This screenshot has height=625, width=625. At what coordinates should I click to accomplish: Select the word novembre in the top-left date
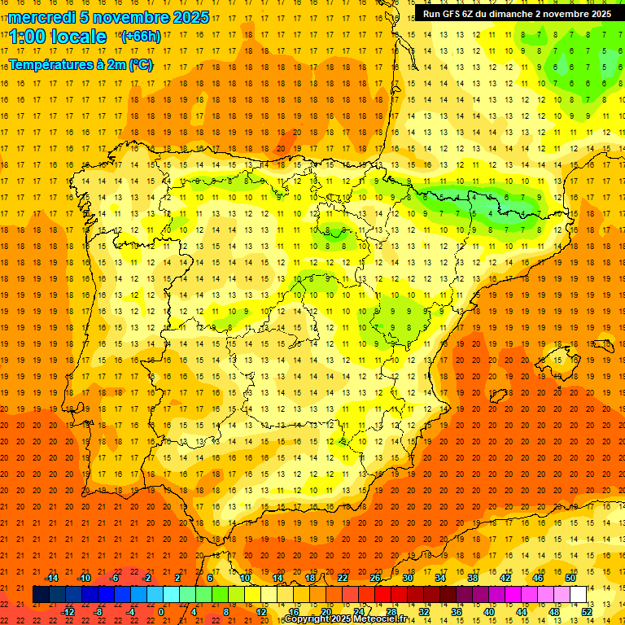(x=128, y=17)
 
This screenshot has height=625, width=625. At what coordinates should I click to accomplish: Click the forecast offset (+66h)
(x=140, y=37)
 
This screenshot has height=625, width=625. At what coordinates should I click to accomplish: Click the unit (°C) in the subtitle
(x=139, y=65)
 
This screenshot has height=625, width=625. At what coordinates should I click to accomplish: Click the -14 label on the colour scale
(x=51, y=578)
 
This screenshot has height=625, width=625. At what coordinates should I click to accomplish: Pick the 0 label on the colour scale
(x=160, y=612)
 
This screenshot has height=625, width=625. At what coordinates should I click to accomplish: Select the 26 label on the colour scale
(x=374, y=578)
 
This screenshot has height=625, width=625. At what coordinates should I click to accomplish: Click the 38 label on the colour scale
(x=472, y=578)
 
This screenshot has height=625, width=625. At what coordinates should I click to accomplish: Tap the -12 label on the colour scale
(x=68, y=612)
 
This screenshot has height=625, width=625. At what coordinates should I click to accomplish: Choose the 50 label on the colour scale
(x=570, y=578)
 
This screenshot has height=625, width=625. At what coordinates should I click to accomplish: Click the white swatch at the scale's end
(x=578, y=594)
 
